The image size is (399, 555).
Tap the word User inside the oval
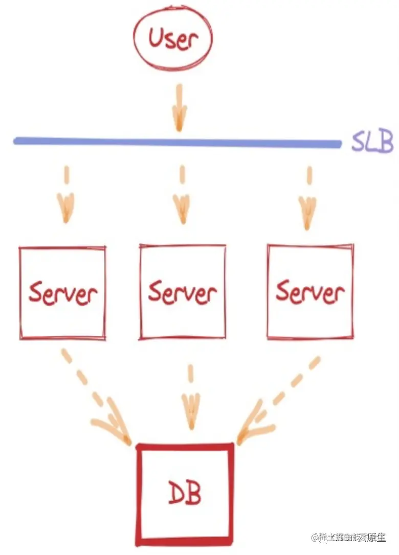172,38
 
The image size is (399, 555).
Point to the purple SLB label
371,142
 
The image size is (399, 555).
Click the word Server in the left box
62,293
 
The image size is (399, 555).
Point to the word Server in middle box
182,291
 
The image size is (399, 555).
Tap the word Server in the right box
310,291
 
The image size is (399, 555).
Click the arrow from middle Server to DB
190,401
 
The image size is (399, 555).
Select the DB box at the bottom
185,516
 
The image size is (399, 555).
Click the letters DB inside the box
185,495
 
